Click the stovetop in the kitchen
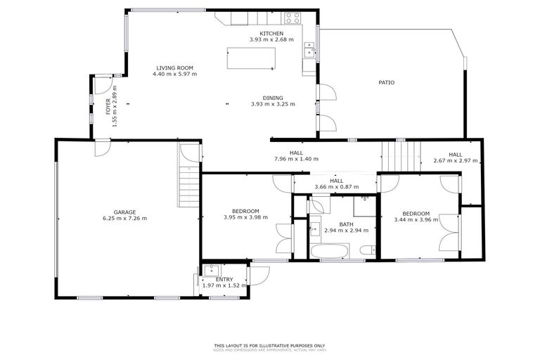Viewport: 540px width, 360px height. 292,18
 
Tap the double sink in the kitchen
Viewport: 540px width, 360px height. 308,49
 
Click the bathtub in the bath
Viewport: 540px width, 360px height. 329,251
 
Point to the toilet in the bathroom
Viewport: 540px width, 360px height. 366,250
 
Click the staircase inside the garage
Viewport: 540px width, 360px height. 188,186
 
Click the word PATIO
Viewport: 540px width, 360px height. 386,82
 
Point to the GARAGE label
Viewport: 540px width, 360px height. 125,212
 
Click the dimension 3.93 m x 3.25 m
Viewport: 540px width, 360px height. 273,104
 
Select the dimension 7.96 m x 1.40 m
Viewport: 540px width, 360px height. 295,159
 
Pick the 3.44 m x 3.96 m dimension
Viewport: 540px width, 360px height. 416,219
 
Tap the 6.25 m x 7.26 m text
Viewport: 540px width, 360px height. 125,218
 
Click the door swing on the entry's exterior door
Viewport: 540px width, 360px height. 255,276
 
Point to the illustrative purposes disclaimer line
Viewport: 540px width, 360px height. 270,345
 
